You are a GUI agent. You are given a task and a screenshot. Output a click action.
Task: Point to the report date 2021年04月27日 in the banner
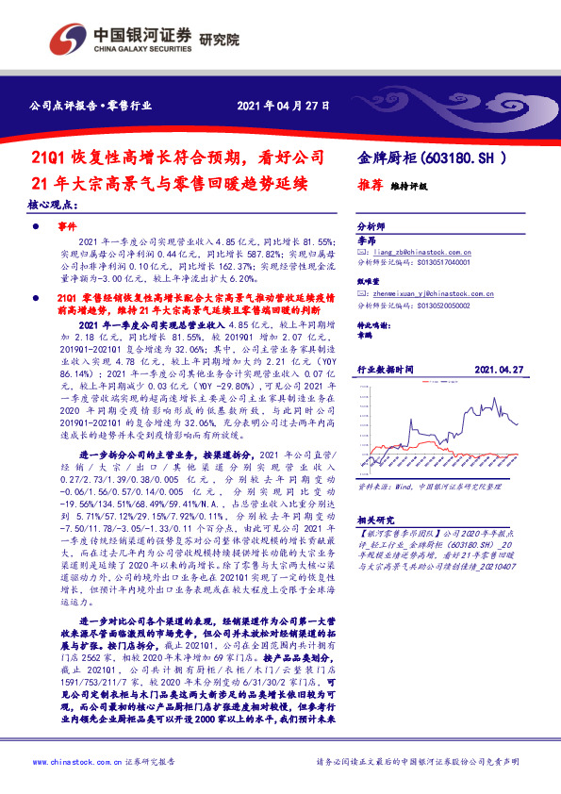pos(282,104)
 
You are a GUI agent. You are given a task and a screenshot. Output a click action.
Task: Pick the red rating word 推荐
pos(371,186)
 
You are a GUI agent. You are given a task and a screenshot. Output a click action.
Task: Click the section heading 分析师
pos(371,227)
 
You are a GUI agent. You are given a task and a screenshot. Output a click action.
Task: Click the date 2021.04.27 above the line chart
pos(498,371)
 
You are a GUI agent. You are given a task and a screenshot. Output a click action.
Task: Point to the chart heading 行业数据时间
pos(385,371)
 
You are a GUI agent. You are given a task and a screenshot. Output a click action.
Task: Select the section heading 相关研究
pos(376,520)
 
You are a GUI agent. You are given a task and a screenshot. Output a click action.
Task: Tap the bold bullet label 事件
pos(67,227)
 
